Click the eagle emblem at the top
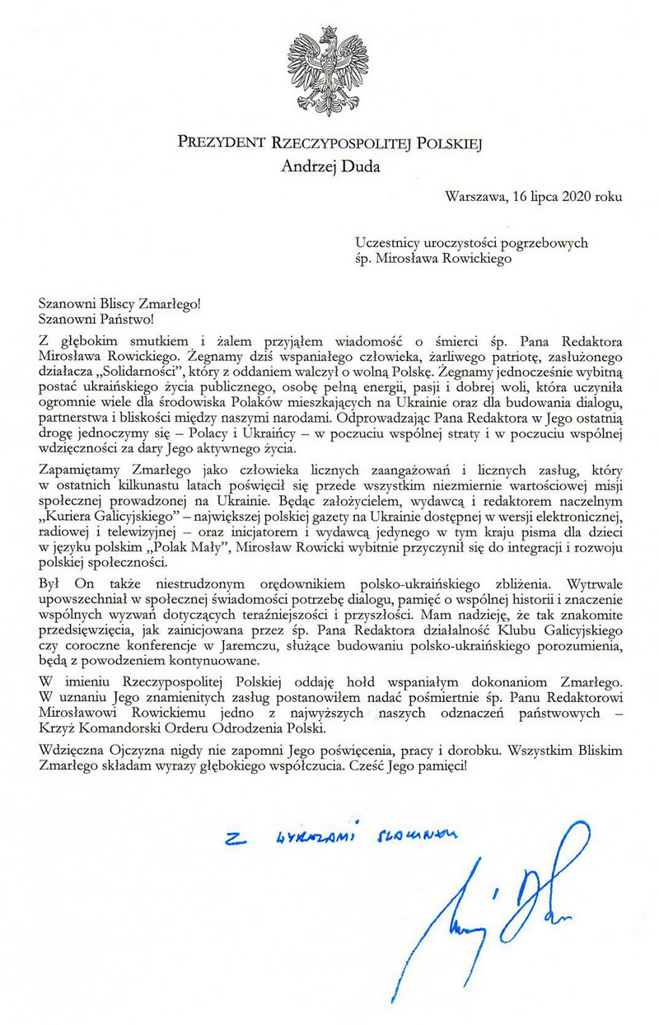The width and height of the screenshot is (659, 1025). click(x=329, y=73)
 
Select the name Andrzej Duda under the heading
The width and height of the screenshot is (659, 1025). click(x=329, y=166)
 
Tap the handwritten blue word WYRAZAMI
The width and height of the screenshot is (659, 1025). click(x=317, y=837)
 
